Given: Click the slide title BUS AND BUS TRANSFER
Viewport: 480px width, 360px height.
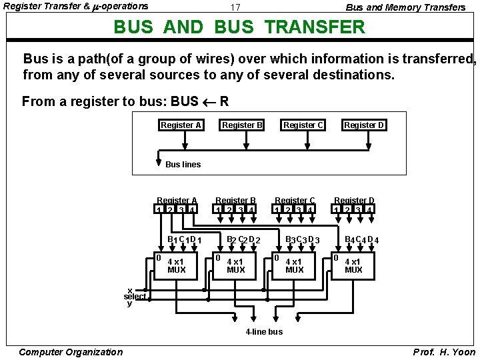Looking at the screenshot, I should [x=239, y=27].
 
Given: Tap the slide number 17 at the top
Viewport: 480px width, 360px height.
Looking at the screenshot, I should [x=235, y=7].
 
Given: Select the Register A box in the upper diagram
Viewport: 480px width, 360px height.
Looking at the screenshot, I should [x=181, y=125].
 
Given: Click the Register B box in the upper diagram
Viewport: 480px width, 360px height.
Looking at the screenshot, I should [x=242, y=125].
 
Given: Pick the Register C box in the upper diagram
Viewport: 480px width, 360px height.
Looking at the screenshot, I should [x=303, y=125].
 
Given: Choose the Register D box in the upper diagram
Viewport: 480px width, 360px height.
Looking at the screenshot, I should [x=364, y=125].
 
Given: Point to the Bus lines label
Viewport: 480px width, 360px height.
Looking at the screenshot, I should [x=183, y=164].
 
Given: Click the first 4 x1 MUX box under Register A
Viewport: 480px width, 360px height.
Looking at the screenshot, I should [x=176, y=265].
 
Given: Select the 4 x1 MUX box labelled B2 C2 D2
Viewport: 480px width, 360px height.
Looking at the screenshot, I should [x=235, y=265].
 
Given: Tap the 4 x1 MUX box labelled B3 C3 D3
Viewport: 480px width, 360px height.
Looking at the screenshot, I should [x=294, y=265].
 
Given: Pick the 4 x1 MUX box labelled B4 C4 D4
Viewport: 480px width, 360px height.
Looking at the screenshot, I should [x=353, y=265].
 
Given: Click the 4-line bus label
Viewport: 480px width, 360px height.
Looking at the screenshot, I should [x=264, y=331].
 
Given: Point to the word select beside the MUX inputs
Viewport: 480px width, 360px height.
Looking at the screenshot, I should [x=135, y=297].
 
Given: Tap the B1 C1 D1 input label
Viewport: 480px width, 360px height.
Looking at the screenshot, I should [x=184, y=240].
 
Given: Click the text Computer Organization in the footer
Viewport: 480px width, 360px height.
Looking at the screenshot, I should [x=71, y=352].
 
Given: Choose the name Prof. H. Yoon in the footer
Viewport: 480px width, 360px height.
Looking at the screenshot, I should [x=444, y=352].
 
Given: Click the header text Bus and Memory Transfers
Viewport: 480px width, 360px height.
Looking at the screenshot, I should [x=405, y=7].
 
